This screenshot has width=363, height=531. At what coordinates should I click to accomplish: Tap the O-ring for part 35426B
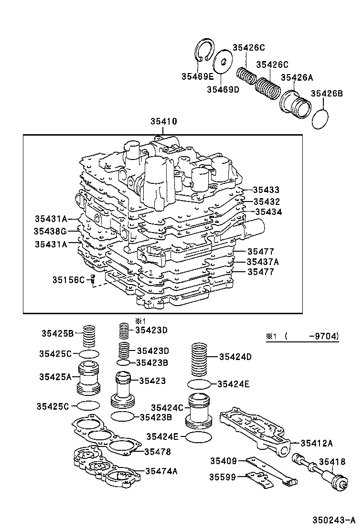point(320,118)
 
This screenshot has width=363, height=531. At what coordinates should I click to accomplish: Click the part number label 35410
point(163,122)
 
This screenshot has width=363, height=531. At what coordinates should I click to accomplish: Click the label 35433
point(266,190)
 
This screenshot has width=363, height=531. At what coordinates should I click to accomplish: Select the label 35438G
point(50,231)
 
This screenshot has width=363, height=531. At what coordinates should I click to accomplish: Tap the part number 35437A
point(263,262)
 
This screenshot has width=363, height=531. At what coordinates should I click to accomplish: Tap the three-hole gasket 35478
point(105,435)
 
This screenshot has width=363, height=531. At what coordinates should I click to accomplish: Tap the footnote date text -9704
point(323,336)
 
